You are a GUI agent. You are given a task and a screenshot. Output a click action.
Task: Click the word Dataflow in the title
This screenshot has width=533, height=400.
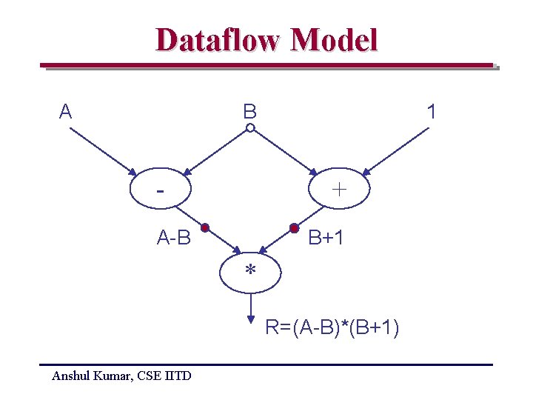[217, 40]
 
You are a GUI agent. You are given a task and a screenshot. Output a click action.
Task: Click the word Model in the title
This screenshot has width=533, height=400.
[334, 40]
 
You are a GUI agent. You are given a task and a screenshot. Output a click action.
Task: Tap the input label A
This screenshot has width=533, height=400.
[66, 112]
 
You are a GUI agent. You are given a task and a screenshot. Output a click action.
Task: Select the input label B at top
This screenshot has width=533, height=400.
[250, 112]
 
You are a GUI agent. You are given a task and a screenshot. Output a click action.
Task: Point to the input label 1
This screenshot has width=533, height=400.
[432, 112]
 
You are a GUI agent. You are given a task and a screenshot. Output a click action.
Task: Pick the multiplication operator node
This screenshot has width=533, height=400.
[251, 272]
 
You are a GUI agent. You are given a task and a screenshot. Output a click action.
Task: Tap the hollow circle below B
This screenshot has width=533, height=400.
[250, 128]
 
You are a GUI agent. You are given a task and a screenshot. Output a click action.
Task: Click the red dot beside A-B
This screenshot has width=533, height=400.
[205, 227]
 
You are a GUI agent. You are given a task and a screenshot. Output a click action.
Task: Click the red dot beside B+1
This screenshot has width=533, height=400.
[294, 227]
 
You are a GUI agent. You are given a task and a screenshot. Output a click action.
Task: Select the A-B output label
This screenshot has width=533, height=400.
[174, 238]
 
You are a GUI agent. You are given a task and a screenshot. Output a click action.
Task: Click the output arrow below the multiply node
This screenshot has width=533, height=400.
[251, 307]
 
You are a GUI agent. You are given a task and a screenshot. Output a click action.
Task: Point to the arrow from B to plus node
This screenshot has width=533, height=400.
[285, 152]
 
